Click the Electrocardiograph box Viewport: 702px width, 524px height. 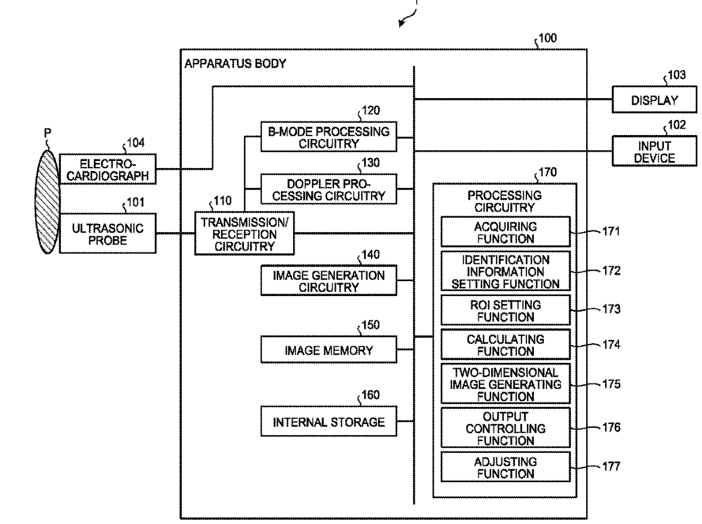pyautogui.click(x=107, y=169)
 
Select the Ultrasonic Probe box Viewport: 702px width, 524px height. pyautogui.click(x=107, y=233)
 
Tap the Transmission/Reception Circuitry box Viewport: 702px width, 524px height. pyautogui.click(x=245, y=233)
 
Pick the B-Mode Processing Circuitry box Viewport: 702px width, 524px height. pyautogui.click(x=328, y=137)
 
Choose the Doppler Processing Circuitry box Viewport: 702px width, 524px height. pyautogui.click(x=328, y=189)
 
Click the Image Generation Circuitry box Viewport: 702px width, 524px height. pyautogui.click(x=328, y=281)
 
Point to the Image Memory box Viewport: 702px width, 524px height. pyautogui.click(x=328, y=350)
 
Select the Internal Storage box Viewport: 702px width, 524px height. pyautogui.click(x=328, y=421)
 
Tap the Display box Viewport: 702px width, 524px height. pyautogui.click(x=655, y=99)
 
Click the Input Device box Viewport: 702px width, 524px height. pyautogui.click(x=655, y=152)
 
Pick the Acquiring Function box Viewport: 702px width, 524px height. pyautogui.click(x=505, y=232)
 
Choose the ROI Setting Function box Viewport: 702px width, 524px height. pyautogui.click(x=505, y=310)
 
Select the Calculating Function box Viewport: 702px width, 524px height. pyautogui.click(x=505, y=345)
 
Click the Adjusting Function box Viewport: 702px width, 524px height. pyautogui.click(x=505, y=467)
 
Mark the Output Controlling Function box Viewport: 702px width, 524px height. pyautogui.click(x=505, y=428)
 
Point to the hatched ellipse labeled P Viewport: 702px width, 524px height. pyautogui.click(x=47, y=202)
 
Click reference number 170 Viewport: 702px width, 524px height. pyautogui.click(x=547, y=172)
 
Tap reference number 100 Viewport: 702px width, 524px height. pyautogui.click(x=547, y=38)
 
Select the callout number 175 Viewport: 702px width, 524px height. pyautogui.click(x=611, y=384)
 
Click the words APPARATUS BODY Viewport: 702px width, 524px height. pyautogui.click(x=235, y=64)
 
